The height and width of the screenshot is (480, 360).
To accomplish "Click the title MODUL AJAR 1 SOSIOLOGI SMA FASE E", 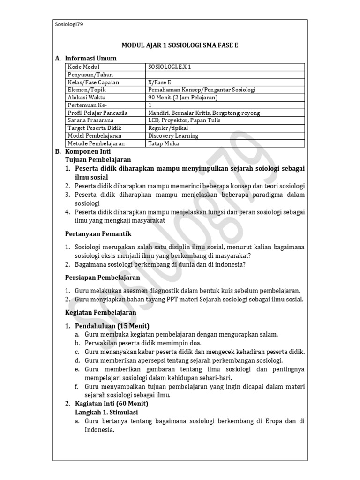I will coord(183,45).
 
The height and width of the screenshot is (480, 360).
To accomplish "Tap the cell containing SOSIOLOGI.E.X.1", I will coord(169,67).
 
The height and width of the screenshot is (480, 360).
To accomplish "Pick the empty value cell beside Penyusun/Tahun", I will coord(225,75).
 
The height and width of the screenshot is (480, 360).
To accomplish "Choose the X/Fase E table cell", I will coord(159,82).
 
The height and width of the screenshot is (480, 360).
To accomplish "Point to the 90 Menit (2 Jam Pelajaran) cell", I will coord(183,97).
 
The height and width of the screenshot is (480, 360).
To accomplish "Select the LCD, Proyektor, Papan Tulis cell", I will coord(181,120).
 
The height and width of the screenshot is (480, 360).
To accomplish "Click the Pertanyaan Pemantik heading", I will coord(97,233).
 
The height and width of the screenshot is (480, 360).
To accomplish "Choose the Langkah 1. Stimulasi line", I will coord(106,412).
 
